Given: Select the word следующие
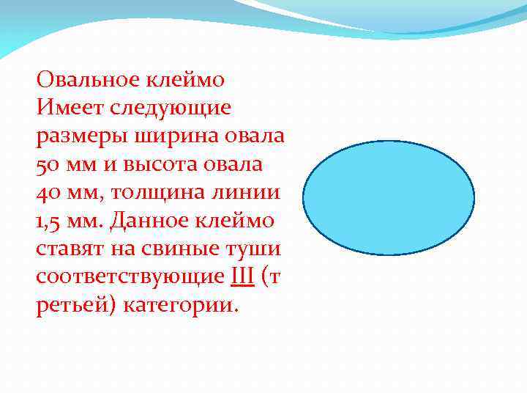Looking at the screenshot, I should click(170, 108).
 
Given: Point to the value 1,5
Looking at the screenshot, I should click(48, 221).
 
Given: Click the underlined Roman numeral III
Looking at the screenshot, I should click(242, 277).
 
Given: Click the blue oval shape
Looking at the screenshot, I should click(389, 198).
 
